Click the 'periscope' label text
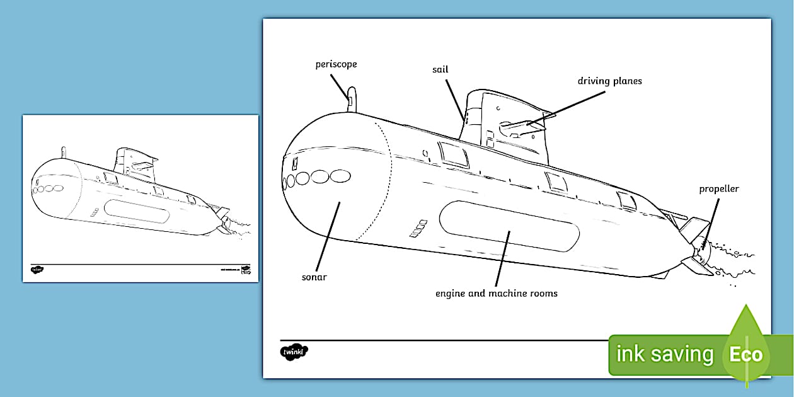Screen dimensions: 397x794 click(336, 64)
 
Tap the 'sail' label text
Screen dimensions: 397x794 click(440, 69)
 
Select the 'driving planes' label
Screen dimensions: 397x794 click(609, 81)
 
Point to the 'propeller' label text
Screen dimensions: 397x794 click(718, 189)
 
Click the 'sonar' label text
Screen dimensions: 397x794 click(314, 277)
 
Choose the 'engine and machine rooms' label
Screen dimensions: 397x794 click(497, 293)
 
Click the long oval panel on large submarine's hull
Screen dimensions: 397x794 click(509, 226)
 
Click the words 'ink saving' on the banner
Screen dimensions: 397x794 click(664, 354)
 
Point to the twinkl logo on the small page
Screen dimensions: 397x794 click(37, 270)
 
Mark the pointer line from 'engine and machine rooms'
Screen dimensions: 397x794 click(502, 258)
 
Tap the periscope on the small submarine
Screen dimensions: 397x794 click(63, 152)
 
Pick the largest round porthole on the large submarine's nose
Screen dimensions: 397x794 click(340, 176)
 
